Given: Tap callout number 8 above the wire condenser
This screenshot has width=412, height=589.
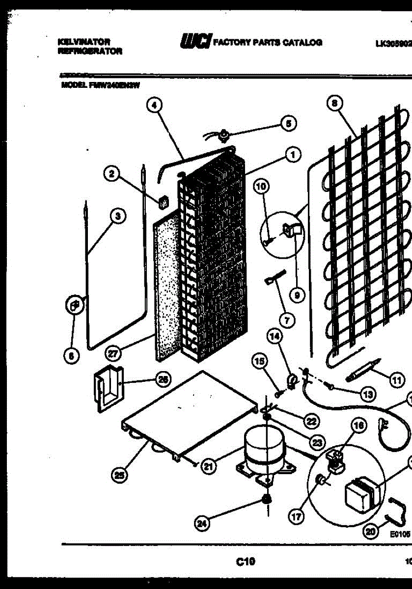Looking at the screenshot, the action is point(334,104).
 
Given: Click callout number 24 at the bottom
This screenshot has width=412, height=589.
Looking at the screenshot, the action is point(202,524).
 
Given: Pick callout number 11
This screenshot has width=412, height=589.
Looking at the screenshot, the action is point(395,379).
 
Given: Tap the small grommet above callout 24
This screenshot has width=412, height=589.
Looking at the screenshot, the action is point(267,499).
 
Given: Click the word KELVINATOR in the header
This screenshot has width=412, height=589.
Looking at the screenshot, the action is point(83,42).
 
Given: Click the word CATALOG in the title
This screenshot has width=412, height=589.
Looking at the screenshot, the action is point(304,42).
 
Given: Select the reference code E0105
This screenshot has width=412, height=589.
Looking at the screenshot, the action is point(400,535).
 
